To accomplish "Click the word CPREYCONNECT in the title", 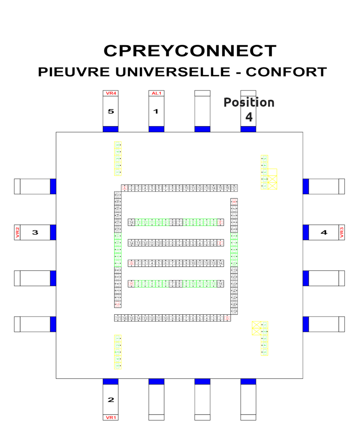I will pyautogui.click(x=190, y=51).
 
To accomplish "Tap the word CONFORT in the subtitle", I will pyautogui.click(x=286, y=72).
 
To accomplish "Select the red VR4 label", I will pyautogui.click(x=111, y=93).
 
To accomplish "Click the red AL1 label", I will pyautogui.click(x=156, y=93).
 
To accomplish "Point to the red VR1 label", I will pyautogui.click(x=111, y=418).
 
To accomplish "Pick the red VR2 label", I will pyautogui.click(x=17, y=232).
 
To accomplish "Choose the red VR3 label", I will pyautogui.click(x=342, y=232).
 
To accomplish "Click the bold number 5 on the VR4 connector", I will pyautogui.click(x=111, y=111).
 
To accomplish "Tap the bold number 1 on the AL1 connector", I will pyautogui.click(x=156, y=111).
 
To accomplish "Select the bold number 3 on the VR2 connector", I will pyautogui.click(x=35, y=232).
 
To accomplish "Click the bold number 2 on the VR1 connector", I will pyautogui.click(x=111, y=400).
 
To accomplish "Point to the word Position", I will pyautogui.click(x=249, y=102).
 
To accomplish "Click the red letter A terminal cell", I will pyautogui.click(x=125, y=188).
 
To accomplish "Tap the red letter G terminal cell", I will pyautogui.click(x=131, y=263).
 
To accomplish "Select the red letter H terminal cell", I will pyautogui.click(x=131, y=283).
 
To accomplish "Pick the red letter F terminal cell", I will pyautogui.click(x=221, y=243).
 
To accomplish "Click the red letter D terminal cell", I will pyautogui.click(x=228, y=318).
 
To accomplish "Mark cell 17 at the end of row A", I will pyautogui.click(x=234, y=188).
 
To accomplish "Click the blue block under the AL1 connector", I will pyautogui.click(x=156, y=129).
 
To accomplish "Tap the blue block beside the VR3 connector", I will pyautogui.click(x=306, y=232).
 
